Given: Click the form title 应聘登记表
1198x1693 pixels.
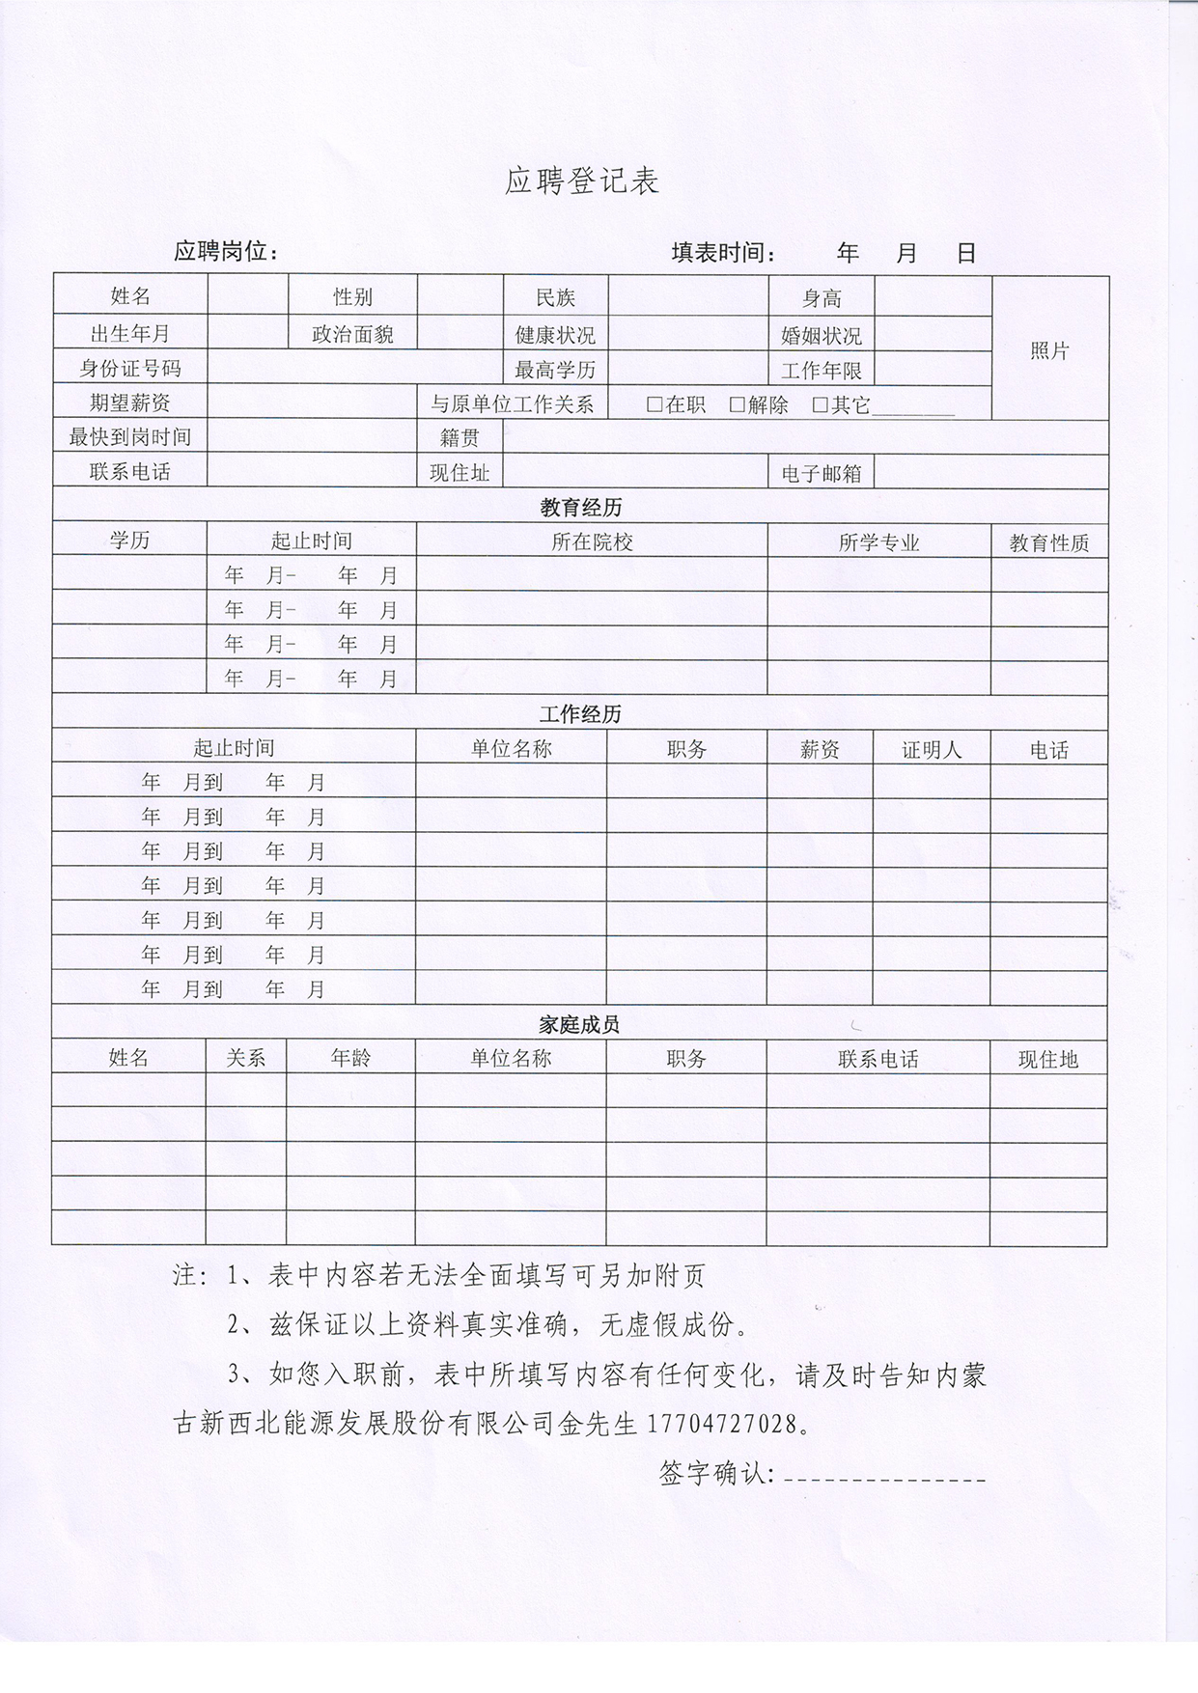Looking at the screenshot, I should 581,180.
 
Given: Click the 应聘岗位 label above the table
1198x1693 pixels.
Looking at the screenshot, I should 226,252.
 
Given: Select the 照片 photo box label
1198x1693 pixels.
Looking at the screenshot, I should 1049,351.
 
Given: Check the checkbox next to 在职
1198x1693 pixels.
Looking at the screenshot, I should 655,404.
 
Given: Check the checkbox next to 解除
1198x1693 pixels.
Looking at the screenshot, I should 738,404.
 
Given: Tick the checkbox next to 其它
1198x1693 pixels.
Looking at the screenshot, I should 821,404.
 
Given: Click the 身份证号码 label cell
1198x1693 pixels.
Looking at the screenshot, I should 130,369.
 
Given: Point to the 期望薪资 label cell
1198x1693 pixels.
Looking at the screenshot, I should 130,402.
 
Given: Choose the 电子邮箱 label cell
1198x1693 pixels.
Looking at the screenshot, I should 822,473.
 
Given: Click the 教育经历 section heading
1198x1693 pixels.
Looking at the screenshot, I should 580,508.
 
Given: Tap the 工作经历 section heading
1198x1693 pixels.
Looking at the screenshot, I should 580,714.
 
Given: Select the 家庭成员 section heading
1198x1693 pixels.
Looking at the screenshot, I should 579,1025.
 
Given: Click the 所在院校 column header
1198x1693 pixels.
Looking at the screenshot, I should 592,542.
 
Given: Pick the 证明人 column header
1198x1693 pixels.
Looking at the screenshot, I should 932,750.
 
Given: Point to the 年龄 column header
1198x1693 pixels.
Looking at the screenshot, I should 350,1058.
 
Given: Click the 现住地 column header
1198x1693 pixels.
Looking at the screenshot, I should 1048,1060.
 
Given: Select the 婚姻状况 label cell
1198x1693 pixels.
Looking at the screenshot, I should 822,336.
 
